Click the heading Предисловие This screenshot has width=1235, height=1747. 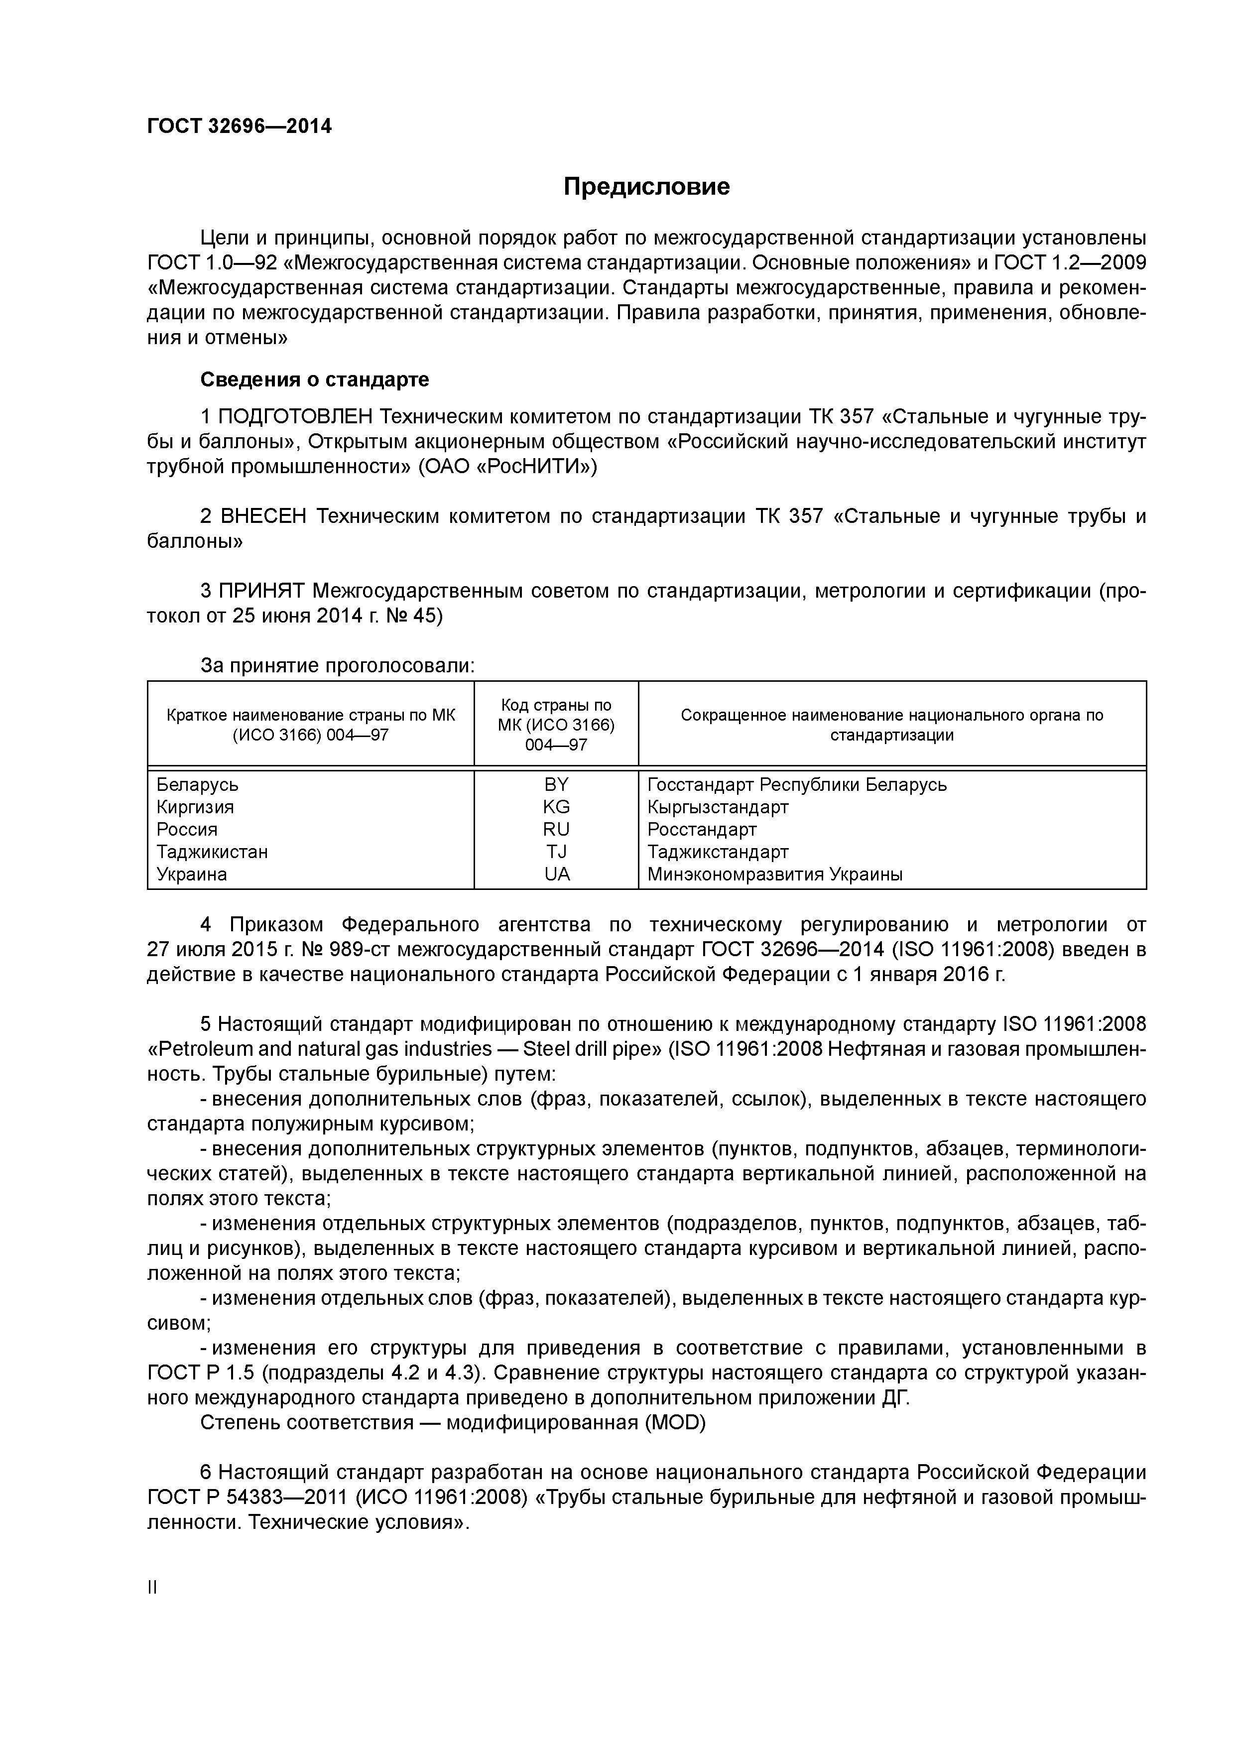pyautogui.click(x=646, y=186)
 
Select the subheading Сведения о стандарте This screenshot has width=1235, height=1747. pyautogui.click(x=314, y=379)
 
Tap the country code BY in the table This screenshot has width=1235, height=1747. pyautogui.click(x=556, y=784)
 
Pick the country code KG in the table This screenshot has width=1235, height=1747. pyautogui.click(x=556, y=807)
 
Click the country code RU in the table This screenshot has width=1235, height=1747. pyautogui.click(x=556, y=829)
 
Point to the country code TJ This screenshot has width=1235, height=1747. pyautogui.click(x=556, y=852)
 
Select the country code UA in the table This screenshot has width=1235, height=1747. pyautogui.click(x=556, y=874)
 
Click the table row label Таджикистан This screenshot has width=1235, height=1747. pyautogui.click(x=212, y=852)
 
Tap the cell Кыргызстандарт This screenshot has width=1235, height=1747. pyautogui.click(x=718, y=807)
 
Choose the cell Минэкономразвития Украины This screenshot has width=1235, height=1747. pyautogui.click(x=775, y=874)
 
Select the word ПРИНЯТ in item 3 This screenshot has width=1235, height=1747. pyautogui.click(x=262, y=591)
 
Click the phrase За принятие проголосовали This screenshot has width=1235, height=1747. pyautogui.click(x=337, y=666)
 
